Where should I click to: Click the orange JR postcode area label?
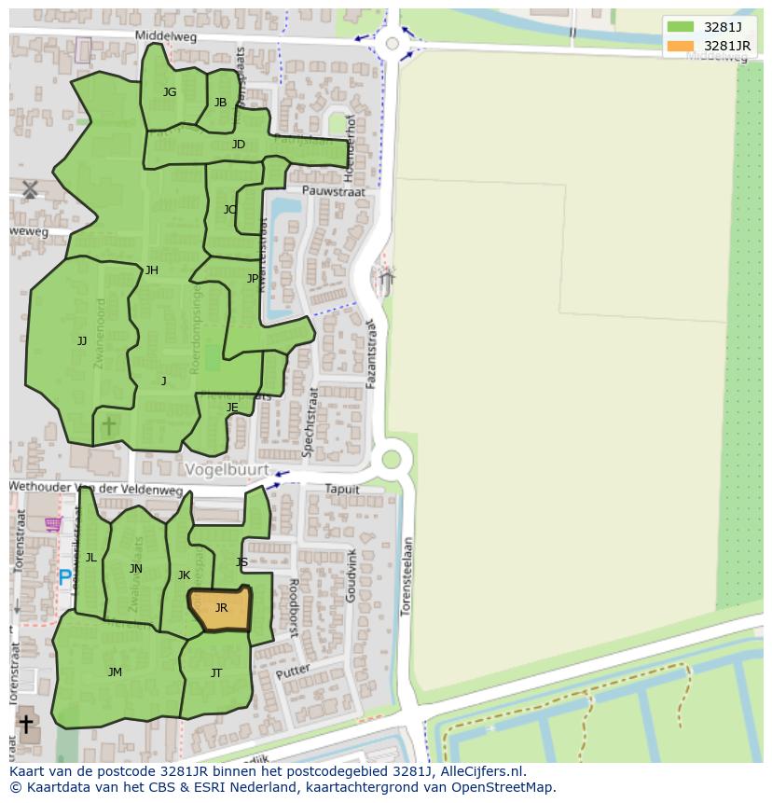(221, 608)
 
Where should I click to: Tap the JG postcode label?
(170, 92)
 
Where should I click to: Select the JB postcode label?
(220, 103)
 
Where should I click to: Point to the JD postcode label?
(239, 145)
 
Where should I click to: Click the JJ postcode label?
(82, 341)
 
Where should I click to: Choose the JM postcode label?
(115, 672)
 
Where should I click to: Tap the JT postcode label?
(216, 673)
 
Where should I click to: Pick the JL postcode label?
(91, 558)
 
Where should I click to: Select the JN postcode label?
(136, 569)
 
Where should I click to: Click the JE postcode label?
(232, 408)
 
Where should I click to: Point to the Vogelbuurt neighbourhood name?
(227, 470)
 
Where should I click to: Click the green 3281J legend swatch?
(681, 26)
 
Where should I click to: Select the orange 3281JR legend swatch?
(681, 46)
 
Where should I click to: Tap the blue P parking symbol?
(65, 578)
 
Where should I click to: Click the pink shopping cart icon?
(53, 524)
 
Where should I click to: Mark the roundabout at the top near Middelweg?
(393, 43)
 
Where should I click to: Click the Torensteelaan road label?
(406, 576)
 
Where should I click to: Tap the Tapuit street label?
(342, 490)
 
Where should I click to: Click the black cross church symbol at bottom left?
(26, 723)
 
